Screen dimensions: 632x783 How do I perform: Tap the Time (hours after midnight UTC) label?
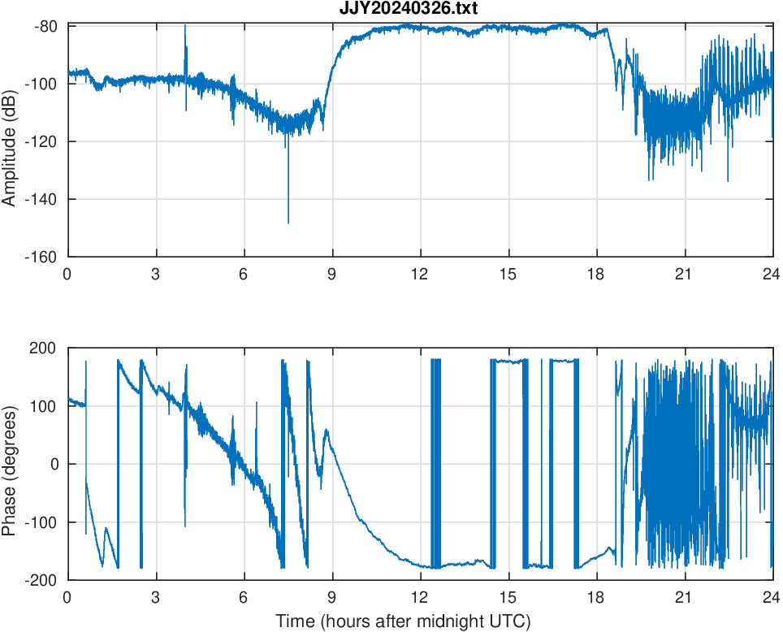point(403,621)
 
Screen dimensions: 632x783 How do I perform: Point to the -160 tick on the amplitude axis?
point(45,257)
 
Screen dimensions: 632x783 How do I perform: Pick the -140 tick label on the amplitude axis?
point(45,199)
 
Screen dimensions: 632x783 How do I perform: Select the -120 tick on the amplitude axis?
point(45,141)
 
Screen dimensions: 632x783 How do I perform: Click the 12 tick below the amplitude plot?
point(420,274)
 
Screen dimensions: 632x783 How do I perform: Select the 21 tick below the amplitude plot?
point(685,274)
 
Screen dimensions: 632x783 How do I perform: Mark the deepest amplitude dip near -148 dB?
point(288,222)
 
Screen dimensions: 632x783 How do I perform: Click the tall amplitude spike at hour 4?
point(185,27)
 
